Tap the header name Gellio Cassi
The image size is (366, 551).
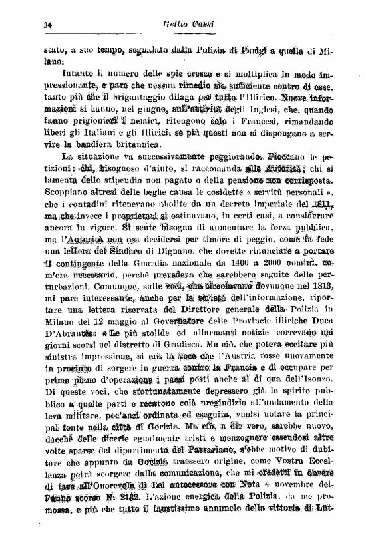[x=199, y=25]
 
